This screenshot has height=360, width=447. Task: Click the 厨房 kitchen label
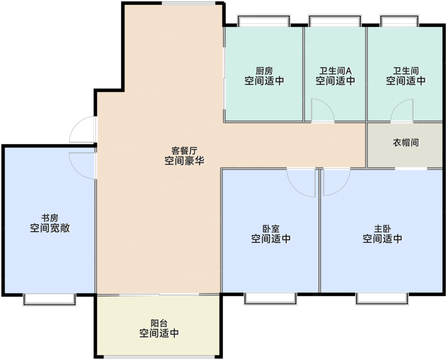(264, 71)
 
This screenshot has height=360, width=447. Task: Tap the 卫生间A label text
(335, 71)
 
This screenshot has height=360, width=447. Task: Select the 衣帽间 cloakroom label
(405, 142)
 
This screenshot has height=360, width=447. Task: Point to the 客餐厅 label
(184, 150)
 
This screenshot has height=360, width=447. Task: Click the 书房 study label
(50, 218)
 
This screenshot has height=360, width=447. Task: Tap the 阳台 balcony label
(159, 323)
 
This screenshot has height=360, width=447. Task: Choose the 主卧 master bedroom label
(382, 229)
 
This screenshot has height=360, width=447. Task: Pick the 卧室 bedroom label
(271, 229)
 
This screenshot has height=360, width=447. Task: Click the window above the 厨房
(264, 21)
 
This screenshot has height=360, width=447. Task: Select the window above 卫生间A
(335, 21)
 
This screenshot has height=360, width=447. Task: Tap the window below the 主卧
(382, 298)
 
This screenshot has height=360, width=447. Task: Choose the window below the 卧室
(270, 298)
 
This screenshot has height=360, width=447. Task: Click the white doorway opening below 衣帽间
(411, 168)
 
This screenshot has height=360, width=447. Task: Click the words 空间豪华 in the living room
(184, 161)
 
